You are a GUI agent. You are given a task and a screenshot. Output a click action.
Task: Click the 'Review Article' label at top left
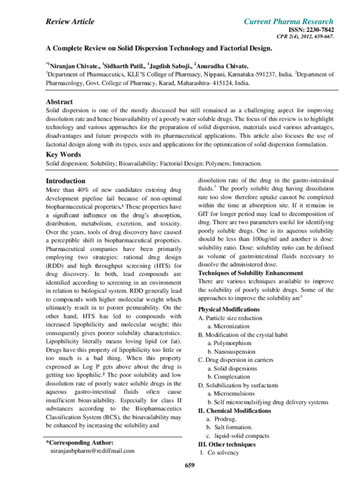(x=70, y=22)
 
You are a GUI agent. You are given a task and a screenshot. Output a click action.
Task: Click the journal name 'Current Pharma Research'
(x=289, y=22)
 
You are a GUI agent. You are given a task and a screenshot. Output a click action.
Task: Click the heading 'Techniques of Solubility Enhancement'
(x=250, y=273)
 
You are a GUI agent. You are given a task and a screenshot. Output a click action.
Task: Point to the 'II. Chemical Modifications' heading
(x=234, y=411)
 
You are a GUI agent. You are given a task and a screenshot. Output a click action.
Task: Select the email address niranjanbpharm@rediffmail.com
(x=92, y=451)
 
